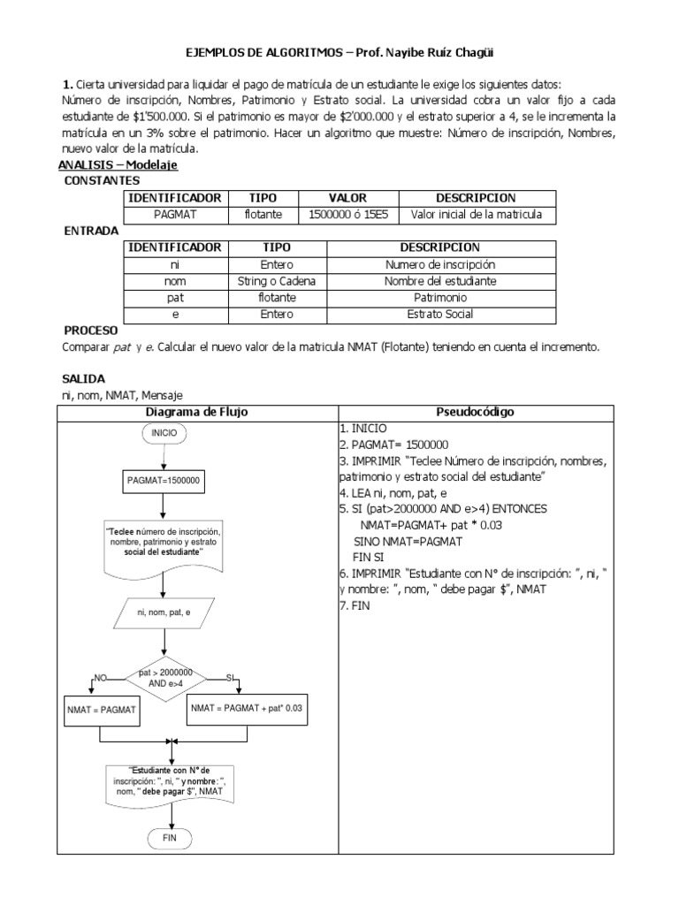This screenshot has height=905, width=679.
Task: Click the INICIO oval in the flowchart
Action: click(x=164, y=433)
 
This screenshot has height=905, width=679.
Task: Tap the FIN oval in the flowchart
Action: click(x=164, y=837)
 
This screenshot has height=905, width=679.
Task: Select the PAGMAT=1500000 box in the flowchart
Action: click(x=164, y=481)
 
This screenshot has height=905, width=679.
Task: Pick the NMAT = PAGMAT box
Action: click(x=102, y=709)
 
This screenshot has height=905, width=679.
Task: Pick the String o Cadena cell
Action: click(x=276, y=281)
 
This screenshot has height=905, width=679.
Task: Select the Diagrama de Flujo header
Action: click(x=196, y=412)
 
